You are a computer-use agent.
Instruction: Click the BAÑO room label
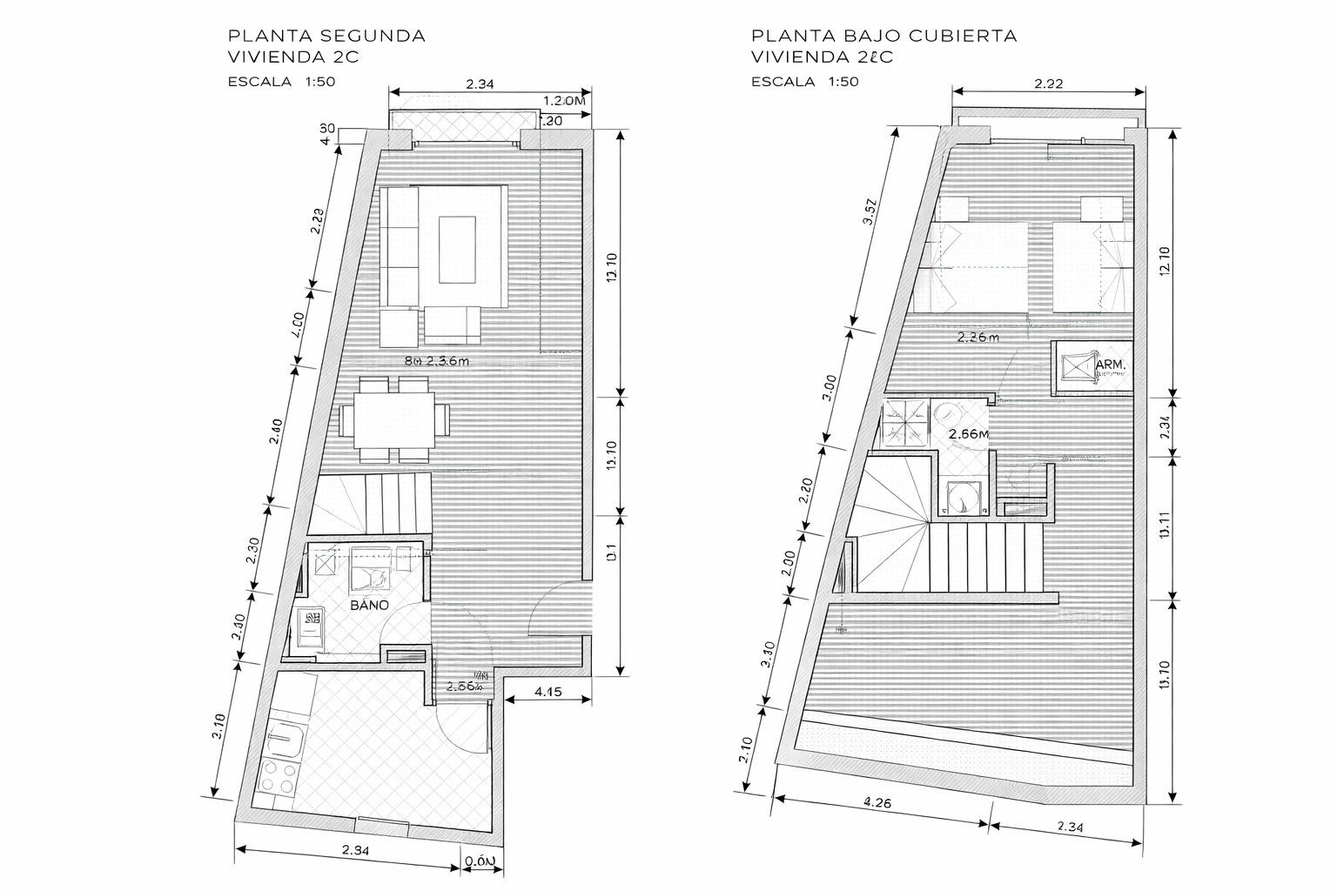click(369, 605)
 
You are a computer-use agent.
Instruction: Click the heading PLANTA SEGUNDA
click(326, 36)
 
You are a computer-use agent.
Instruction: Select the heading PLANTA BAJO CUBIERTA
click(883, 36)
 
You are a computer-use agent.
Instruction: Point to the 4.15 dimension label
click(548, 693)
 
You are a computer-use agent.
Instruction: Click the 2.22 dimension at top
click(1048, 84)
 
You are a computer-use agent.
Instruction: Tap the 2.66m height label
click(968, 433)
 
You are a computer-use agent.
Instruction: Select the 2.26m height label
click(978, 337)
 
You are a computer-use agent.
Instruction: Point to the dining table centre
click(395, 419)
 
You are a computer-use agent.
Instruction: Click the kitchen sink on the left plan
click(286, 741)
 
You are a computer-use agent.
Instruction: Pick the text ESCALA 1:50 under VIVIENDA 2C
click(281, 82)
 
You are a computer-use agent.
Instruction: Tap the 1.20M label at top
click(564, 101)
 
